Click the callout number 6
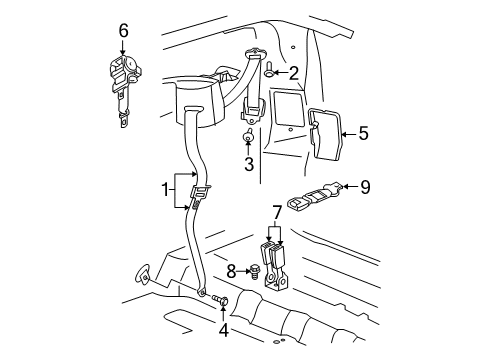123,31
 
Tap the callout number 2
294,71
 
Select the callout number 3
248,164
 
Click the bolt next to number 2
270,69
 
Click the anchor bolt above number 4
220,300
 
